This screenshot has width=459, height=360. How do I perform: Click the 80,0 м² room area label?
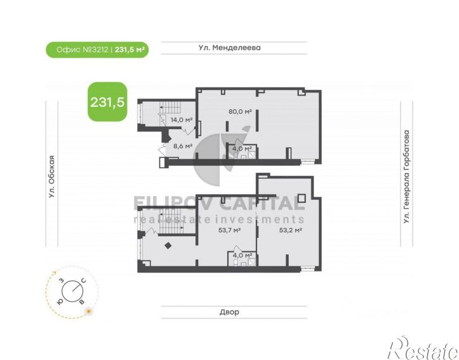point(240,111)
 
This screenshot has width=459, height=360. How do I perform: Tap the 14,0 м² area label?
point(182,120)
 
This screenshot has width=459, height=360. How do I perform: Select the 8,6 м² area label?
point(183,146)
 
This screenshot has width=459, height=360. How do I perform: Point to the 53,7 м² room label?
point(229,230)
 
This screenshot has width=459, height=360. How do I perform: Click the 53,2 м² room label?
point(291,230)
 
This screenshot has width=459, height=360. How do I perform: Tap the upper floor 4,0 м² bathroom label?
point(242,149)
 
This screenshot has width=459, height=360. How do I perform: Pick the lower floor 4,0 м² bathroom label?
point(242,256)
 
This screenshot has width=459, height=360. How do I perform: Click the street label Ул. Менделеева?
point(229,47)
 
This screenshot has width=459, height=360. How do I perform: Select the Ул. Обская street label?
point(52,177)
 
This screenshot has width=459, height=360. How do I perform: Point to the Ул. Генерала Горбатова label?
point(406,177)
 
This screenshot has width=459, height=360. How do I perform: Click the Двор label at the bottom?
point(229,312)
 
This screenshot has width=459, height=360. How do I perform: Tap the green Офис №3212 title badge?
point(97,50)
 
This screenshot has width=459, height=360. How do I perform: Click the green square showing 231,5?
point(108,102)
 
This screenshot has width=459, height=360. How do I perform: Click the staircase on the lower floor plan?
point(171,221)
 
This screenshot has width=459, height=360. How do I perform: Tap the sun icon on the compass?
point(89,312)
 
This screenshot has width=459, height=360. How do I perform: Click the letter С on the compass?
point(84,281)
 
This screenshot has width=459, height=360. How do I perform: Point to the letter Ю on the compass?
point(60,302)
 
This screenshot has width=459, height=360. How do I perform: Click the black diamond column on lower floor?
point(168,245)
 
